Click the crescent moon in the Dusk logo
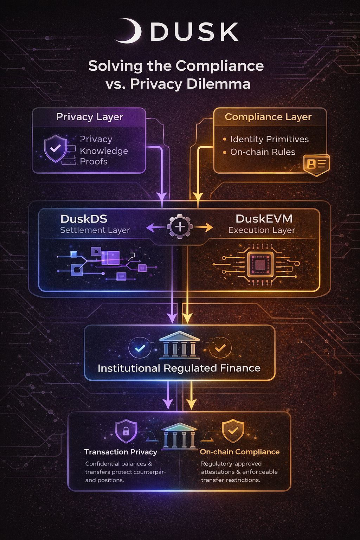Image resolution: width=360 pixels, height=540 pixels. click(x=131, y=31)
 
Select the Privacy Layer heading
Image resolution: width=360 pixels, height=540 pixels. click(x=90, y=117)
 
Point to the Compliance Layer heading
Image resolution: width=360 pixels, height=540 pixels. click(x=268, y=117)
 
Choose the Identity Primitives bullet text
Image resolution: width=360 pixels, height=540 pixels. click(x=269, y=139)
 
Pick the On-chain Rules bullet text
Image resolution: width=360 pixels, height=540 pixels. click(x=263, y=152)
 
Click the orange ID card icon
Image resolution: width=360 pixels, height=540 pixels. click(x=316, y=164)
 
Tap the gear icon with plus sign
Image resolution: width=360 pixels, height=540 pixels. click(x=180, y=227)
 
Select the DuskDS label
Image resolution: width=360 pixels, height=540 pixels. click(x=84, y=219)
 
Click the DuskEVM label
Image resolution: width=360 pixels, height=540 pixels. click(x=264, y=219)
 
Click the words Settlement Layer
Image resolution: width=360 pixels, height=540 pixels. click(x=95, y=230)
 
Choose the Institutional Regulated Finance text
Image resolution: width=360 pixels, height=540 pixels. click(x=179, y=368)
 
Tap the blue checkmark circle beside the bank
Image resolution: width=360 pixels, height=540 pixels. click(x=140, y=348)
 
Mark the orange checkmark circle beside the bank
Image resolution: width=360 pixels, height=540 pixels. click(x=220, y=348)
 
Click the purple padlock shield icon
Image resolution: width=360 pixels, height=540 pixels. click(x=126, y=431)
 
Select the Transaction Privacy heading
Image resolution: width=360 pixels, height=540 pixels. click(x=121, y=452)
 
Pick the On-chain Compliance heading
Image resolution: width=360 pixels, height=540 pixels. click(x=239, y=452)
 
